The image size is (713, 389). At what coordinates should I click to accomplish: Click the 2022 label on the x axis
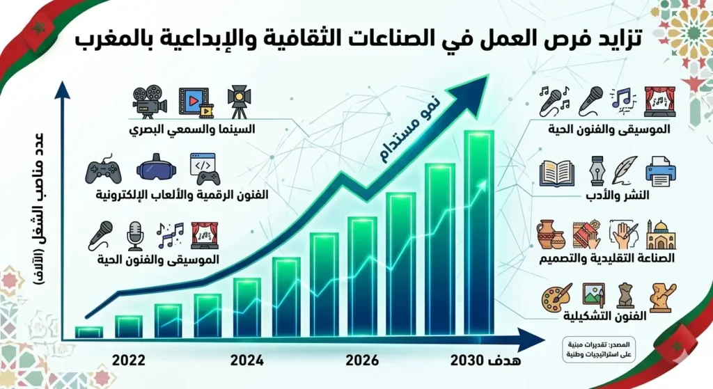[x=128, y=360]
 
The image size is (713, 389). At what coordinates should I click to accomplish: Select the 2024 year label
[x=246, y=360]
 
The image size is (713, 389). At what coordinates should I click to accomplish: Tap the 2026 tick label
[x=361, y=360]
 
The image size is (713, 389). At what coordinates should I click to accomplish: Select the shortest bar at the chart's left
[x=89, y=332]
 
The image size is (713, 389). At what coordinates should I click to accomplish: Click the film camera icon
[x=149, y=102]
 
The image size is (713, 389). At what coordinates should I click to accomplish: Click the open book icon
[x=557, y=173]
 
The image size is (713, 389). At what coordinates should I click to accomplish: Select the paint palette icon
[x=556, y=297]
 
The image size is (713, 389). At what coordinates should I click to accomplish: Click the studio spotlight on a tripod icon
[x=239, y=102]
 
